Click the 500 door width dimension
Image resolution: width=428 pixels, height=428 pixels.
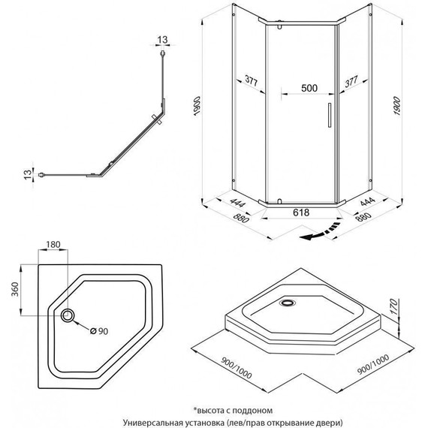[309, 88]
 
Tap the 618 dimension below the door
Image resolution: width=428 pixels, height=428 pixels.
[301, 212]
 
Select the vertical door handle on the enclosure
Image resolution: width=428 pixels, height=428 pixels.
[330, 115]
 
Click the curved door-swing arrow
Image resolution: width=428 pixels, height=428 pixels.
[320, 232]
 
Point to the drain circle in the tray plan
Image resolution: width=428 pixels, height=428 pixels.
[67, 315]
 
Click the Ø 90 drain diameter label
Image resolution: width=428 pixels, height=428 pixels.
[99, 331]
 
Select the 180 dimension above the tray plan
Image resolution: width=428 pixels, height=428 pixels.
[53, 244]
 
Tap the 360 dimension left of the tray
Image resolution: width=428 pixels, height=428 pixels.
[15, 289]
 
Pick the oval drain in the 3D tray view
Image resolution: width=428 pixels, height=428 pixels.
[287, 303]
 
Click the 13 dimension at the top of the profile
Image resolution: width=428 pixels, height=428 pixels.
[162, 40]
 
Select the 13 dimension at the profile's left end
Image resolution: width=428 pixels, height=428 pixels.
[28, 174]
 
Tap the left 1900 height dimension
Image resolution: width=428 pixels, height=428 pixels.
[197, 106]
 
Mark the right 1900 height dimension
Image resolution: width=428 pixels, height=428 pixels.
[396, 106]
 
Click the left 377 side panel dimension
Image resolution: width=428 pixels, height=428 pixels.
[251, 81]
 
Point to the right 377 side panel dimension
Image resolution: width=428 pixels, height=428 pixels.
[351, 81]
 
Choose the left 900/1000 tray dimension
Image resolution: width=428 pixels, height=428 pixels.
[236, 368]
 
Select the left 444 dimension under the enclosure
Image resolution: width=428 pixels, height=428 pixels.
[238, 203]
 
